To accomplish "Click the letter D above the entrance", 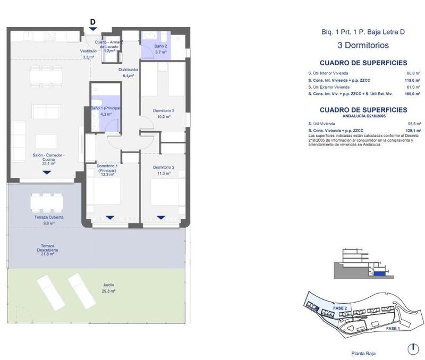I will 93,22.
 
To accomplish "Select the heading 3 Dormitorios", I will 363,46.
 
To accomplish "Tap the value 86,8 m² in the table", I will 413,73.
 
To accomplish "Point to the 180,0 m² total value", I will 413,94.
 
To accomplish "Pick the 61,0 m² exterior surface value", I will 413,87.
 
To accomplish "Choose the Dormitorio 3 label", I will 163,114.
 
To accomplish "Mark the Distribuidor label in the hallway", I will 128,72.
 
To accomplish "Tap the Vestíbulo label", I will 88,54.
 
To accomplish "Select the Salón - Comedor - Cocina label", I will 48,159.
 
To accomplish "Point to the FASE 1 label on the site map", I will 392,329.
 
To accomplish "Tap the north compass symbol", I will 412,349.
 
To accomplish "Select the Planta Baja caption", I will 363,353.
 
